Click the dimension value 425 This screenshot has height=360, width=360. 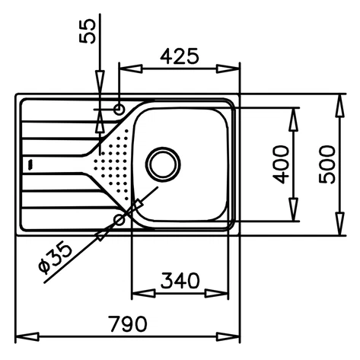pos(180,56)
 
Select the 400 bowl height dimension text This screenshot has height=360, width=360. pos(281,163)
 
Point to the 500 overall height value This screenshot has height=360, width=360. pos(328,163)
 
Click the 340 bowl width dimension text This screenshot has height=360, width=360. pos(181,280)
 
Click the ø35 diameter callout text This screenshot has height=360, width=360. pos(55,256)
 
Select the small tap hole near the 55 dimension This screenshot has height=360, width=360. pos(119,110)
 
